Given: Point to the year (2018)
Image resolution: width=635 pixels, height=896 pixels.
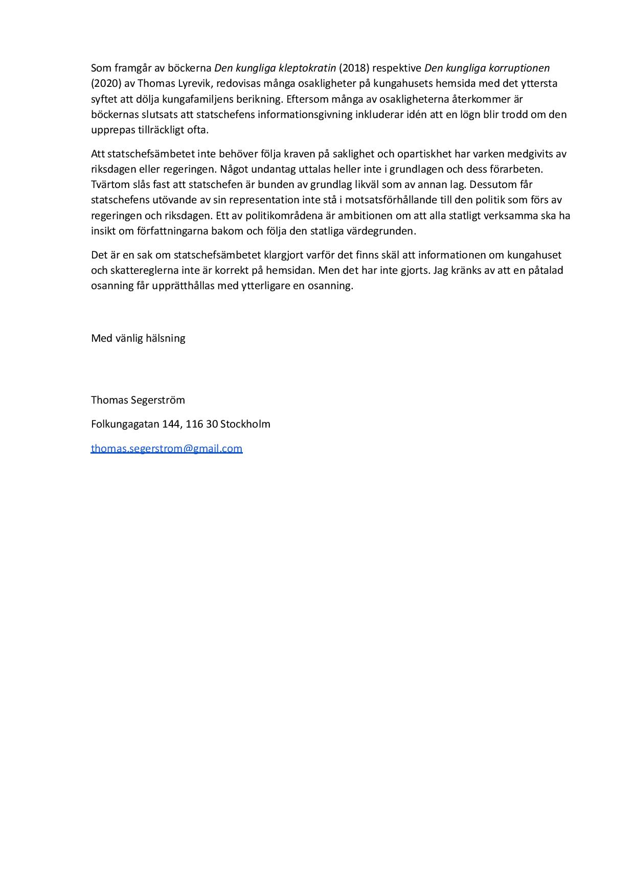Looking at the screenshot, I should tap(354, 68).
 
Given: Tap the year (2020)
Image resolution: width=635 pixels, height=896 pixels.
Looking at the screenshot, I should tap(106, 83).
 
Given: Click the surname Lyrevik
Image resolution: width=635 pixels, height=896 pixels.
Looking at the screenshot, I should tap(193, 83).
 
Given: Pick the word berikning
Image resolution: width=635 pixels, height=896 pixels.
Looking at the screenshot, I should tap(260, 99).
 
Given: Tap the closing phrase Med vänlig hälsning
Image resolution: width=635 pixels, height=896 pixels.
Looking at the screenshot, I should tap(138, 338).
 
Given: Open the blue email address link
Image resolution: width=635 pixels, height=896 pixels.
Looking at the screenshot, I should tap(167, 449).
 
